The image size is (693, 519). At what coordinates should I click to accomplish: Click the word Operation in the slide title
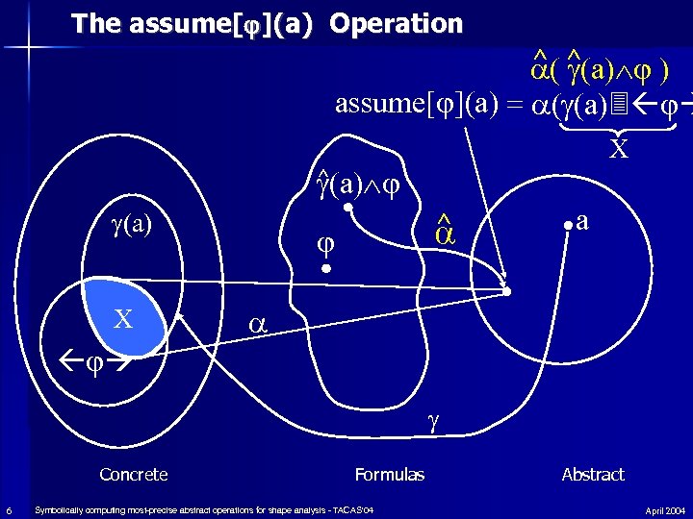(x=396, y=23)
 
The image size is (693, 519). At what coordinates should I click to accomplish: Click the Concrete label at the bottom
(x=134, y=474)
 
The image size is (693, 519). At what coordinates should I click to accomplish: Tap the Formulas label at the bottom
(x=390, y=474)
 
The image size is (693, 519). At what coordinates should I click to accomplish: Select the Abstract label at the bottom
(x=593, y=474)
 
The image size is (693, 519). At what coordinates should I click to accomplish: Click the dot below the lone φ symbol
(x=326, y=271)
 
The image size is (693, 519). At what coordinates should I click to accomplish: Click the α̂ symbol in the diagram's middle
(x=443, y=232)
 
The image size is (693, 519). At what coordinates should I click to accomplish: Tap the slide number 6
(x=8, y=509)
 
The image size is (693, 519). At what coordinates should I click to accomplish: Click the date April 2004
(x=665, y=509)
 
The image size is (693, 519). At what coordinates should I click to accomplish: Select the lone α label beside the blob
(x=256, y=324)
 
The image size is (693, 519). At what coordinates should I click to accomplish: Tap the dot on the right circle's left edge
(x=508, y=290)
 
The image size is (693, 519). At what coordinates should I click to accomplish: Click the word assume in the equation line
(x=378, y=103)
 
